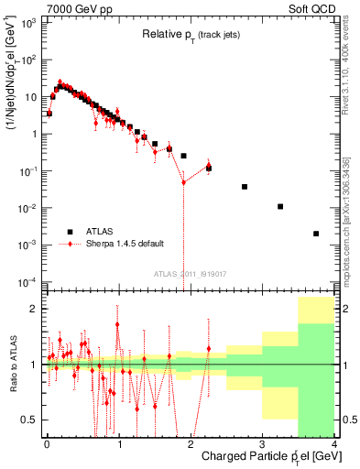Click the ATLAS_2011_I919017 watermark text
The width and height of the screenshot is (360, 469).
190,273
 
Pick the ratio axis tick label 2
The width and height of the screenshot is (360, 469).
33,310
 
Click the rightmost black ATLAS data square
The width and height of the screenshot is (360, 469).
316,234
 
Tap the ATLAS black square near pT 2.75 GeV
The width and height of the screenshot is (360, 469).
245,187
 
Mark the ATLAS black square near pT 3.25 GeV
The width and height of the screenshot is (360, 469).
280,207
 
